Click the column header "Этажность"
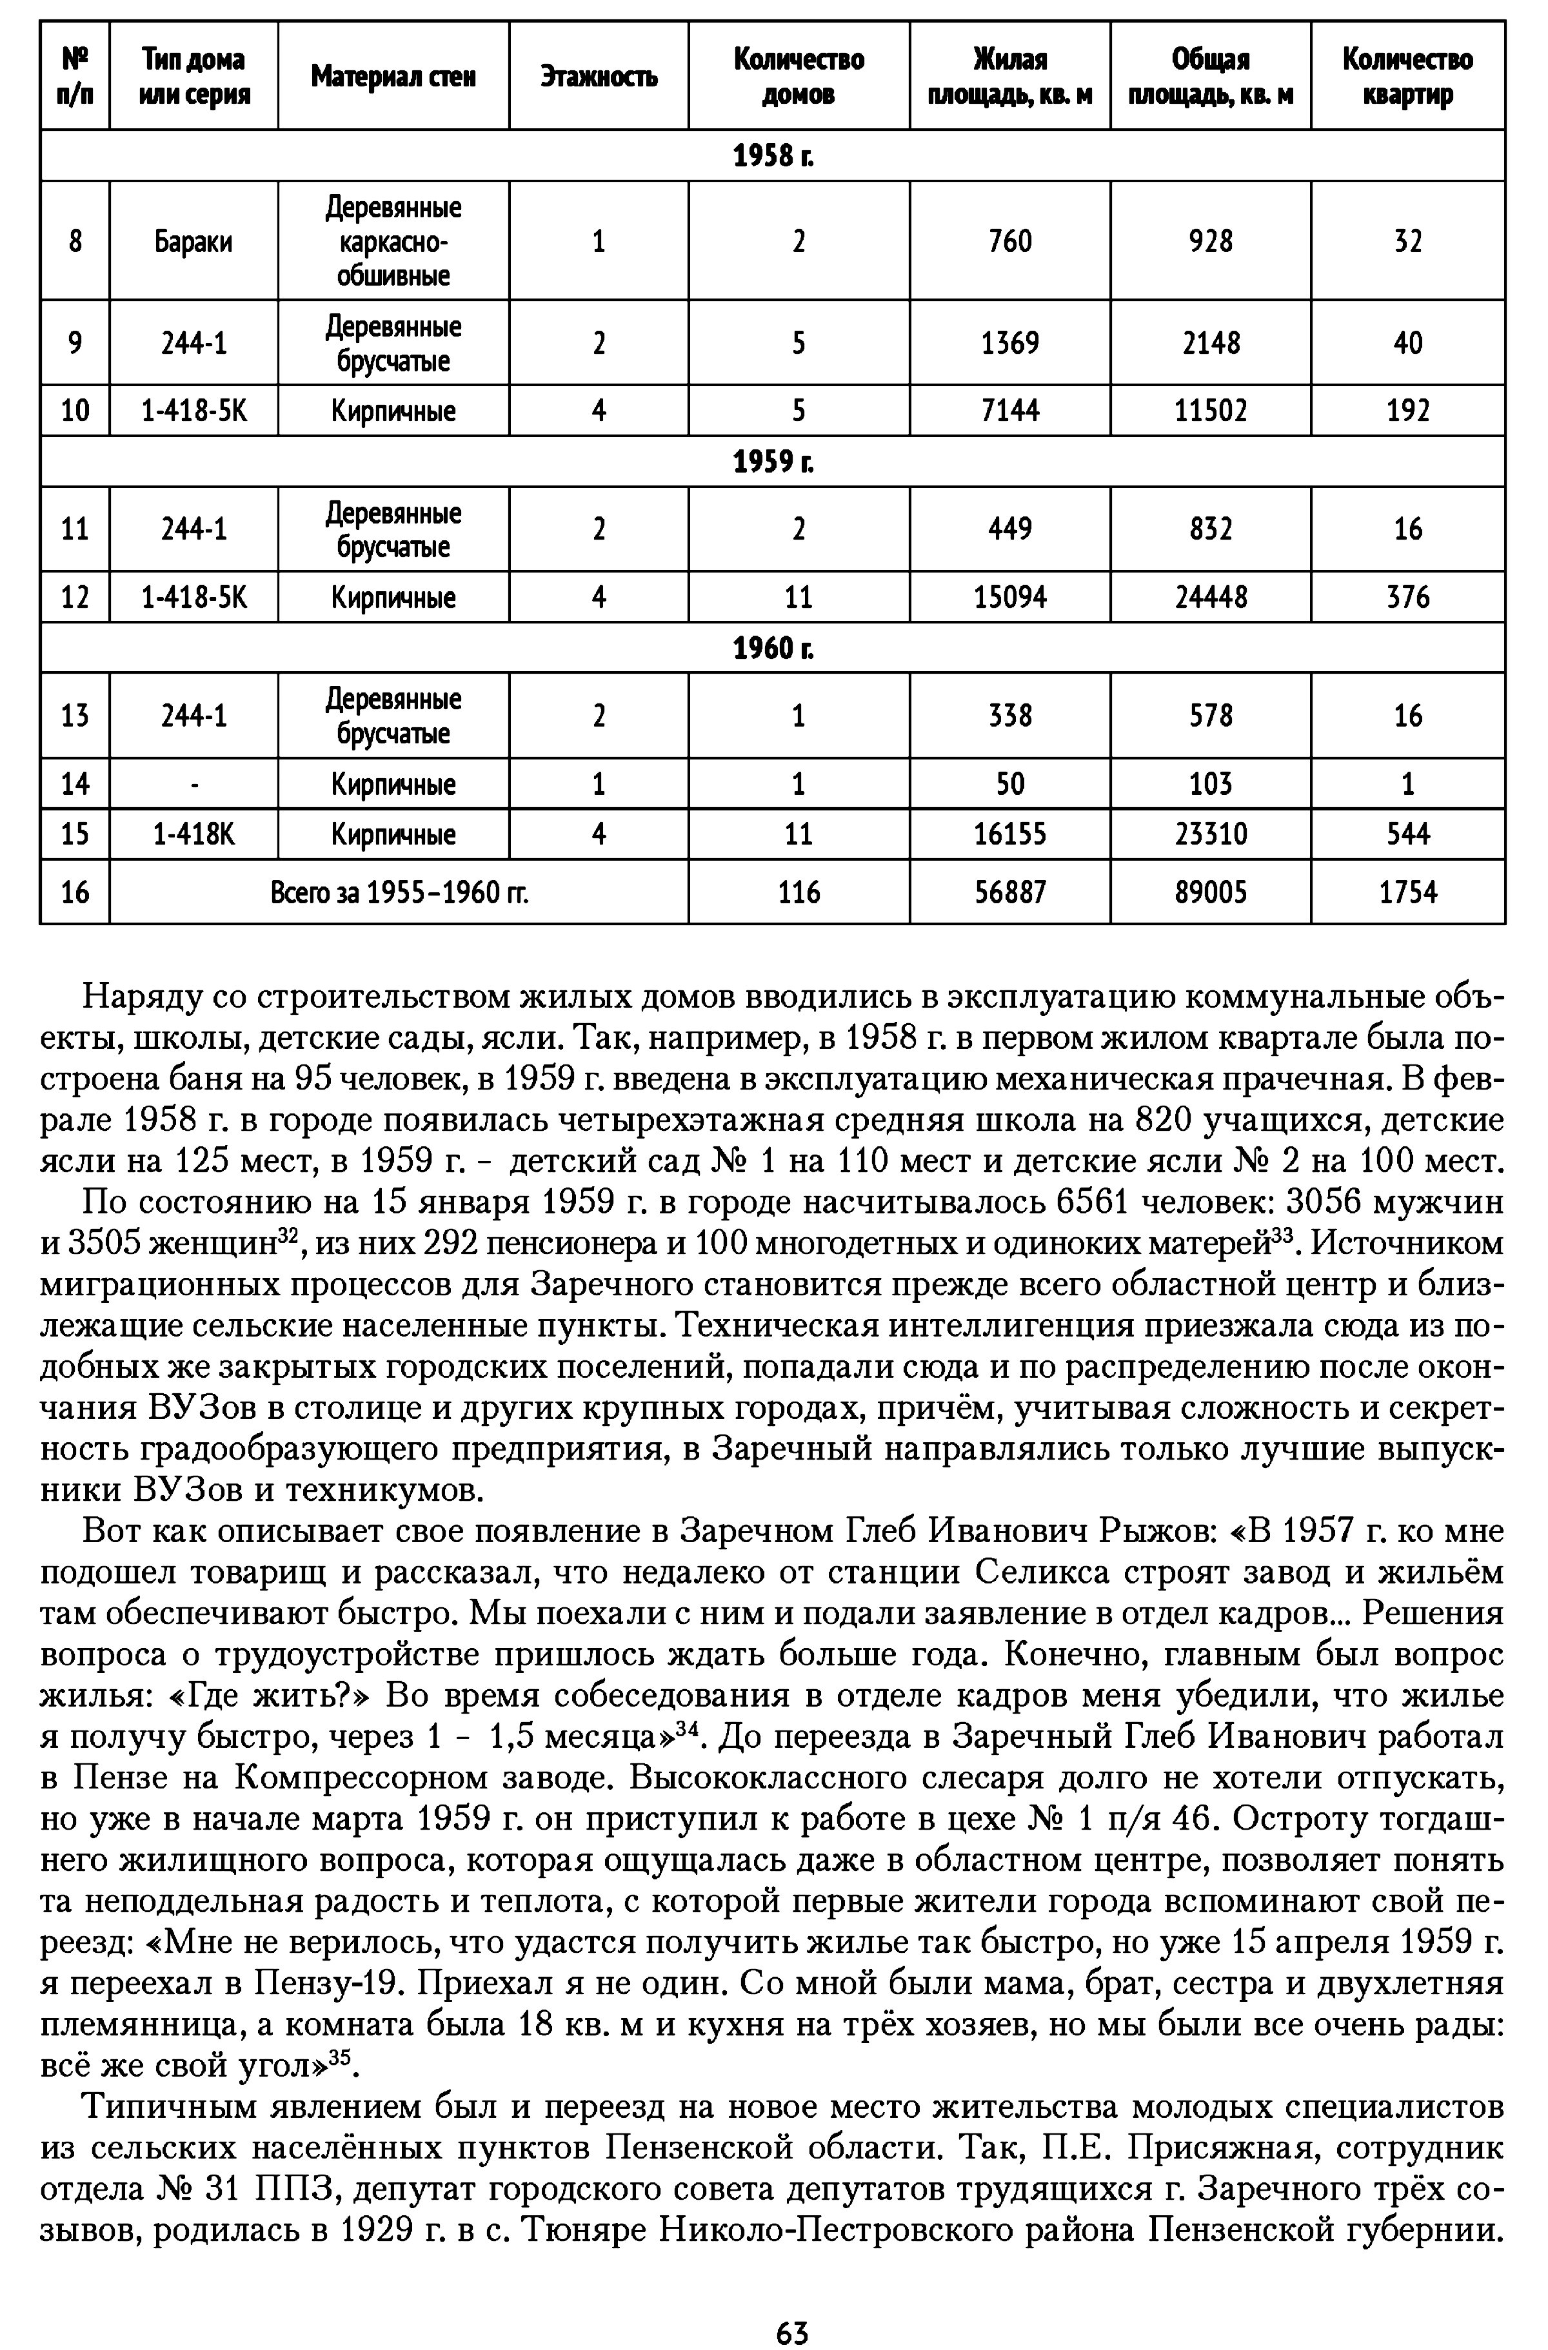click(599, 77)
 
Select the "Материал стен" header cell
click(393, 77)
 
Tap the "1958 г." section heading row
click(773, 156)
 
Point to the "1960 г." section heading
click(773, 648)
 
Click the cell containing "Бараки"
click(193, 242)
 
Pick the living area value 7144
click(1009, 411)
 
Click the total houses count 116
click(799, 892)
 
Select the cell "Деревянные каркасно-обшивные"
click(393, 242)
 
